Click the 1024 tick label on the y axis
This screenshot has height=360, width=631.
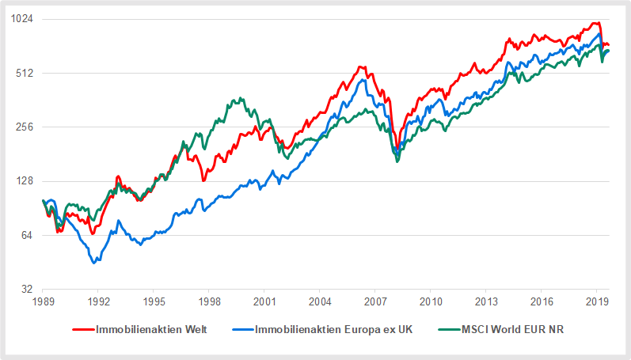18,19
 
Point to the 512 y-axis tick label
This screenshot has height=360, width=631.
21,73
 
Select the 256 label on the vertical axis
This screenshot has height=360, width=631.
21,127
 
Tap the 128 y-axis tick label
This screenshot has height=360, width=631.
21,181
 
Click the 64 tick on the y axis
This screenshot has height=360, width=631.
23,235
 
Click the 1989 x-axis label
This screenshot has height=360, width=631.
43,301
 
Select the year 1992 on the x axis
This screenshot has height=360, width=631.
98,301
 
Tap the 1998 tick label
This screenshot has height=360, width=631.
209,301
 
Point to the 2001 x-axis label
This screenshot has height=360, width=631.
264,301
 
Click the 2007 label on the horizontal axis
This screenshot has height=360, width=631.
374,301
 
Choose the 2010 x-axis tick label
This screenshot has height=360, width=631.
430,301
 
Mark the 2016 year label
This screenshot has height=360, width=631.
541,301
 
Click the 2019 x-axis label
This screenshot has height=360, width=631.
596,301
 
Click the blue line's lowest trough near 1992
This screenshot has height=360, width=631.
94,261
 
